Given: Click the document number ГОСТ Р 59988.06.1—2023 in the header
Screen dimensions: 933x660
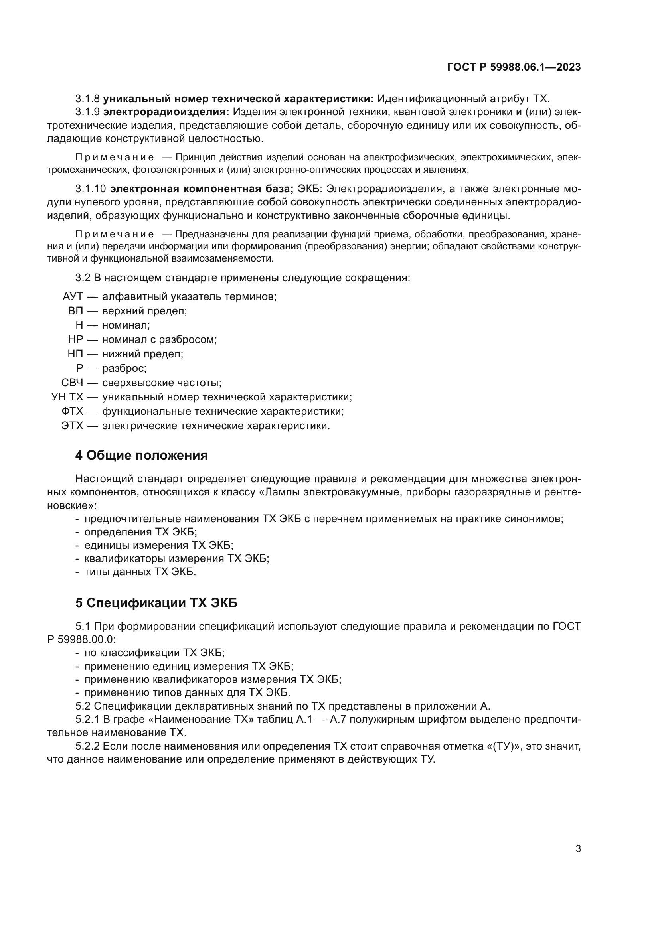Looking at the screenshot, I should pos(514,67).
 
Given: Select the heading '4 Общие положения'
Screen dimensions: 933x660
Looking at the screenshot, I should pos(141,455).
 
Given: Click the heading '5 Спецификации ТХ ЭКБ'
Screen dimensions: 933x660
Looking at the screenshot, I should pos(156,603).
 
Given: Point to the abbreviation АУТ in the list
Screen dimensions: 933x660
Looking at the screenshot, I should pos(73,296).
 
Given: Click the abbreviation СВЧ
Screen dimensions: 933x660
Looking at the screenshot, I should pos(72,383).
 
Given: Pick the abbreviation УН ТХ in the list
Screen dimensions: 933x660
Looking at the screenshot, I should pos(67,397).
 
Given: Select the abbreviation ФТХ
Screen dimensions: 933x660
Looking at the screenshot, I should pos(72,411).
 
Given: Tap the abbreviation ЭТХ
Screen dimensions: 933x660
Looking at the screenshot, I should pos(72,426).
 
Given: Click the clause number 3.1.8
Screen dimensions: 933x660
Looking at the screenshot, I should pos(87,99).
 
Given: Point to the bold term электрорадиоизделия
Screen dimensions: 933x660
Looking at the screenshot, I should pos(166,112).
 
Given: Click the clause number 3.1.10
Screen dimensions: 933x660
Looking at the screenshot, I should pos(90,189).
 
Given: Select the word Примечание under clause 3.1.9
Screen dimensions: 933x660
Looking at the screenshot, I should pos(115,157).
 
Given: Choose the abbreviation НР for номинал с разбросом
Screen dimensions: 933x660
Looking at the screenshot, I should pos(75,339).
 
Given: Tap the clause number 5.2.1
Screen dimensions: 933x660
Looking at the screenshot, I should pos(87,719).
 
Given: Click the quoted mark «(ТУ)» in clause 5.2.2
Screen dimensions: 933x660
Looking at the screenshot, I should pos(503,746).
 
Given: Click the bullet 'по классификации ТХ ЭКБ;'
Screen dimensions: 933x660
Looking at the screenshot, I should pos(154,653).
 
